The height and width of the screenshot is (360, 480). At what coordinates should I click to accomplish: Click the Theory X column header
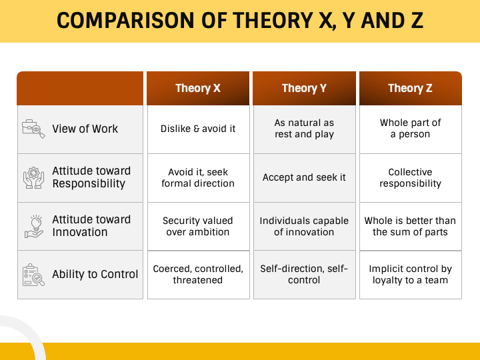(198, 88)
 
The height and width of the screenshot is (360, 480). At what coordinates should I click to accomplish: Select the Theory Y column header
(304, 88)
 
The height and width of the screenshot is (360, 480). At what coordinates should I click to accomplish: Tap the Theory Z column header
(410, 88)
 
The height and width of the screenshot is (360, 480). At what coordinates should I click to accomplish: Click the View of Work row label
(85, 129)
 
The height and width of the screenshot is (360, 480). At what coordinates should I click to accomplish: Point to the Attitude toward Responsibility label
(91, 177)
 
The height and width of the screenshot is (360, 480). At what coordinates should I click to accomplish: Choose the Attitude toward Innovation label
(91, 226)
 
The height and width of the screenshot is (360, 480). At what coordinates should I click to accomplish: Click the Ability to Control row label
(95, 274)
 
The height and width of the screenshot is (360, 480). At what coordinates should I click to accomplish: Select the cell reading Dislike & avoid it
(198, 129)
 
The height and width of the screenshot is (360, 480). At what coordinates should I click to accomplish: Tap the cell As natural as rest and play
(304, 129)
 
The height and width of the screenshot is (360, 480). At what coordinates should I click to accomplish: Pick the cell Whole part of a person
(410, 129)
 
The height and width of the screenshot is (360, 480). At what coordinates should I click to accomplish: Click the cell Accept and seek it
(304, 177)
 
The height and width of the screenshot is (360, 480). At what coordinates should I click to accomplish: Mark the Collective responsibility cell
(410, 177)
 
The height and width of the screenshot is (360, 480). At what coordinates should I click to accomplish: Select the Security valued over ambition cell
(198, 226)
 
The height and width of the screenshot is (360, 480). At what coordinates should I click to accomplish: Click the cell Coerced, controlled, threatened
(198, 274)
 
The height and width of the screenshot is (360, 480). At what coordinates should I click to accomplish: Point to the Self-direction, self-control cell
(304, 274)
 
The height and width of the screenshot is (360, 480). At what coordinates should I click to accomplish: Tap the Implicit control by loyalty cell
(410, 274)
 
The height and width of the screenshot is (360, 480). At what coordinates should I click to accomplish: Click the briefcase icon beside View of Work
(33, 129)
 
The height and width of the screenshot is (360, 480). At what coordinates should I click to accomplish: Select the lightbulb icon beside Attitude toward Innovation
(33, 226)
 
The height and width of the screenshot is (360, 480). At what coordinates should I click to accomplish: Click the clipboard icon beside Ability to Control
(33, 275)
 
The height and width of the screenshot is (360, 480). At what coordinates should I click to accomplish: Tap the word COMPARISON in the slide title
(117, 21)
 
